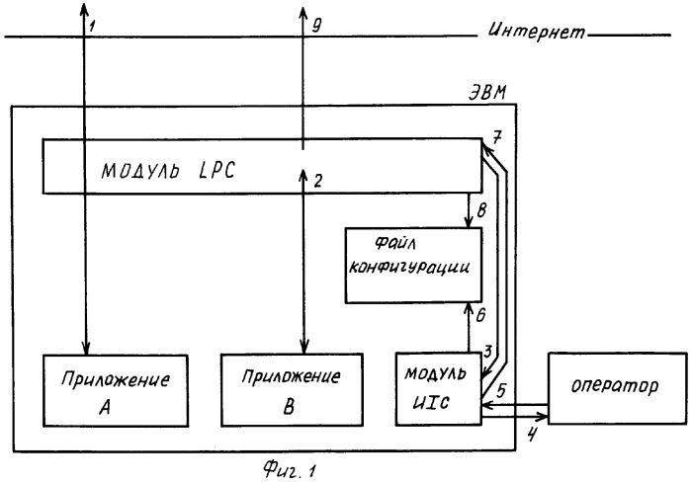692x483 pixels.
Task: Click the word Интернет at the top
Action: coord(537,31)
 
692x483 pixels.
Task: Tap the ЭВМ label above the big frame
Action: coord(486,94)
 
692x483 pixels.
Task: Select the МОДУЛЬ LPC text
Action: coord(168,170)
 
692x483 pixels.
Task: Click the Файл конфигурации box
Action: coord(413,265)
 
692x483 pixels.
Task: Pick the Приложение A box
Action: coord(116,390)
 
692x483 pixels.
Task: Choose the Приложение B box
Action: coord(293,390)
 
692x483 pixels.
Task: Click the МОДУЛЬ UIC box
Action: coord(438,388)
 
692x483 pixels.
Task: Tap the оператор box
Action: coord(618,388)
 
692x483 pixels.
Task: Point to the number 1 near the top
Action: coord(92,25)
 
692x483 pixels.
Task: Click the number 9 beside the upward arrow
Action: coord(317,26)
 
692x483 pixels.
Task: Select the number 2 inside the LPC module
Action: coord(317,181)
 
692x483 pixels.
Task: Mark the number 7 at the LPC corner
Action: coord(496,138)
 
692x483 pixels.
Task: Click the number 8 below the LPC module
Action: coord(481,210)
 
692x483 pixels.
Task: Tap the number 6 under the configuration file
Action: coord(480,315)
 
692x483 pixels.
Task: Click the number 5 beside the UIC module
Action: coord(502,390)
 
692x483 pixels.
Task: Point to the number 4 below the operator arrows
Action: coord(532,435)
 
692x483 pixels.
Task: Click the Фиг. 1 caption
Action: coord(291,470)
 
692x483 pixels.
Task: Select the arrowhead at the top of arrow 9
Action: coord(303,13)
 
